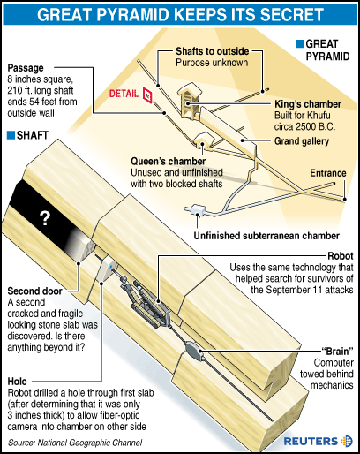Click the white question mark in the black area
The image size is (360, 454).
tap(45, 218)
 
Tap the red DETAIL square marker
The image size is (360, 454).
tap(147, 95)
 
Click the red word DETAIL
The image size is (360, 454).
tap(124, 94)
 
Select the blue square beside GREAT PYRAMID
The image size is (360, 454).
tap(299, 44)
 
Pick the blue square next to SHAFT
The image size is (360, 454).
tap(11, 135)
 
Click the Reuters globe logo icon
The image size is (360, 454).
tap(347, 441)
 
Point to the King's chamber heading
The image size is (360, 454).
tap(308, 104)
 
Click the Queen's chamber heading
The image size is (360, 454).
tap(168, 161)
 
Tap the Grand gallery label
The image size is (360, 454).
tap(302, 141)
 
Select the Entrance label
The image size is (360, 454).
tap(328, 173)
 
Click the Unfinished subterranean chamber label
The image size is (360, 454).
tap(266, 236)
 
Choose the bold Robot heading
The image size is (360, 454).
tap(341, 256)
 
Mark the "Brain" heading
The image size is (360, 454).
tap(337, 352)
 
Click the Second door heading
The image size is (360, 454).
tap(34, 291)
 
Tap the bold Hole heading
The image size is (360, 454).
tap(17, 382)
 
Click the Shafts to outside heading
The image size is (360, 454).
tap(213, 51)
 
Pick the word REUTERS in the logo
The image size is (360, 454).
tap(311, 442)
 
